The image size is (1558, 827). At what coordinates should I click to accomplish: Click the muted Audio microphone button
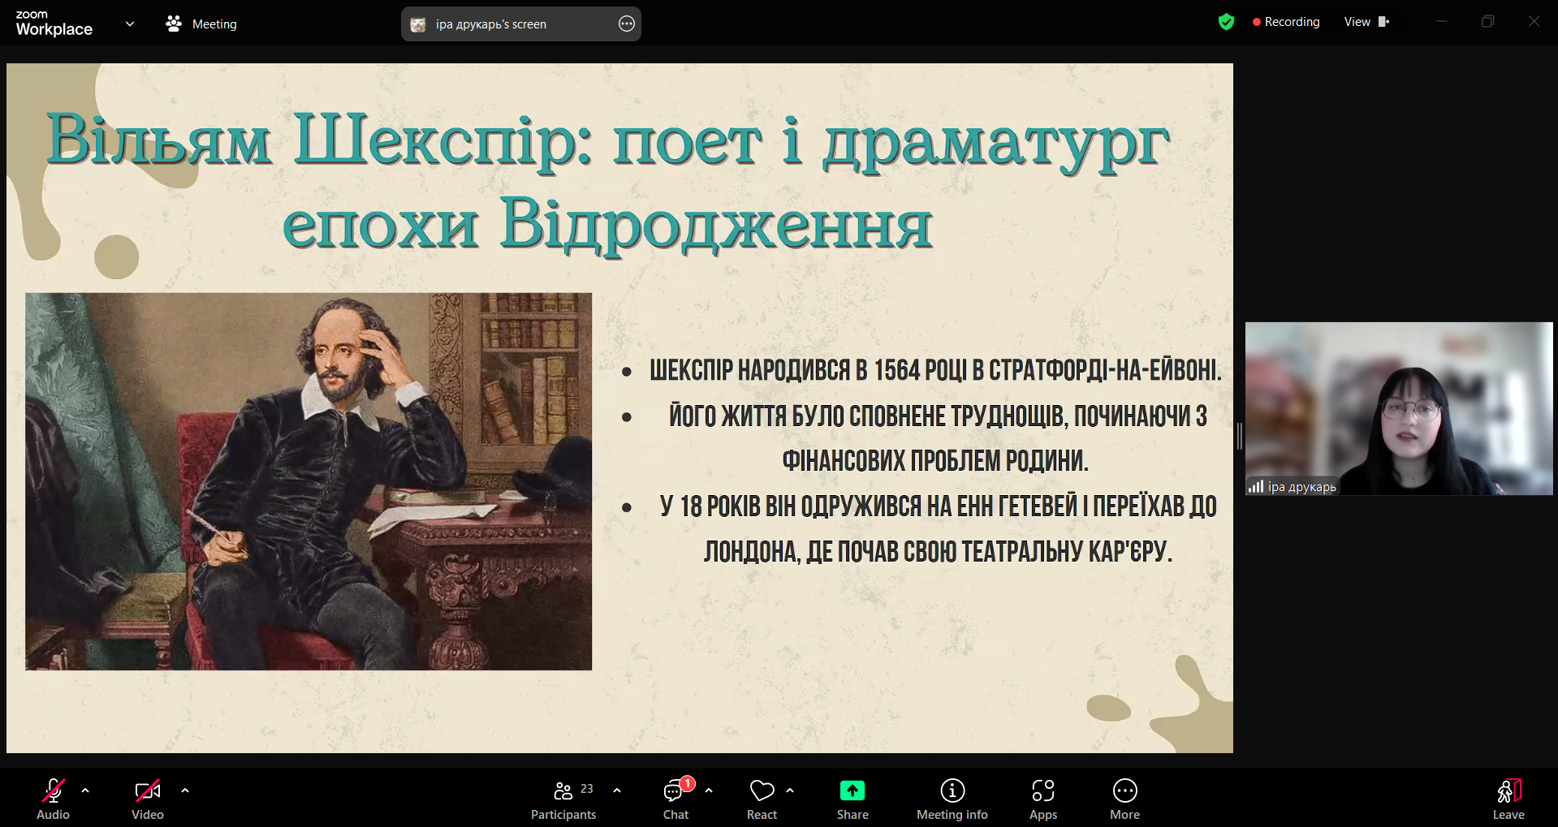point(54,790)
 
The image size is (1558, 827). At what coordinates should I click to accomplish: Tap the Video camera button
point(148,790)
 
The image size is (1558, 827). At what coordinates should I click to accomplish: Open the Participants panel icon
point(563,790)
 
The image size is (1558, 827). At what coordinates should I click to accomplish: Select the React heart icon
point(762,790)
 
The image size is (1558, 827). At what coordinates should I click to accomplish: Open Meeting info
point(952,790)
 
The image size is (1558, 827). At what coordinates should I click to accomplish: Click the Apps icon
point(1043,790)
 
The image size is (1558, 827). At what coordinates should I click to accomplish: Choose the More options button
point(1125,790)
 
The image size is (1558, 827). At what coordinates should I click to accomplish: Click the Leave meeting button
point(1508,790)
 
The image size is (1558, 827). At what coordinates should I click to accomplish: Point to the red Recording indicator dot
point(1257,23)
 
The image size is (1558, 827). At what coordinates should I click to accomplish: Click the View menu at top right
point(1366,22)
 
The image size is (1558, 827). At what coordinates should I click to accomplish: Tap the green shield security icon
point(1226,22)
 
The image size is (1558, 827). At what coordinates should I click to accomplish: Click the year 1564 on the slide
point(897,371)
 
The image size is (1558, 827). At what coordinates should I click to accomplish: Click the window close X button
point(1534,22)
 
